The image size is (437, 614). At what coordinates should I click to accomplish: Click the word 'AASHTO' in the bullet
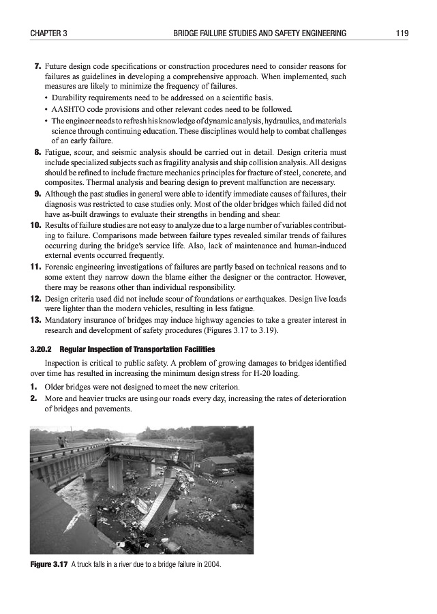pyautogui.click(x=67, y=108)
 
